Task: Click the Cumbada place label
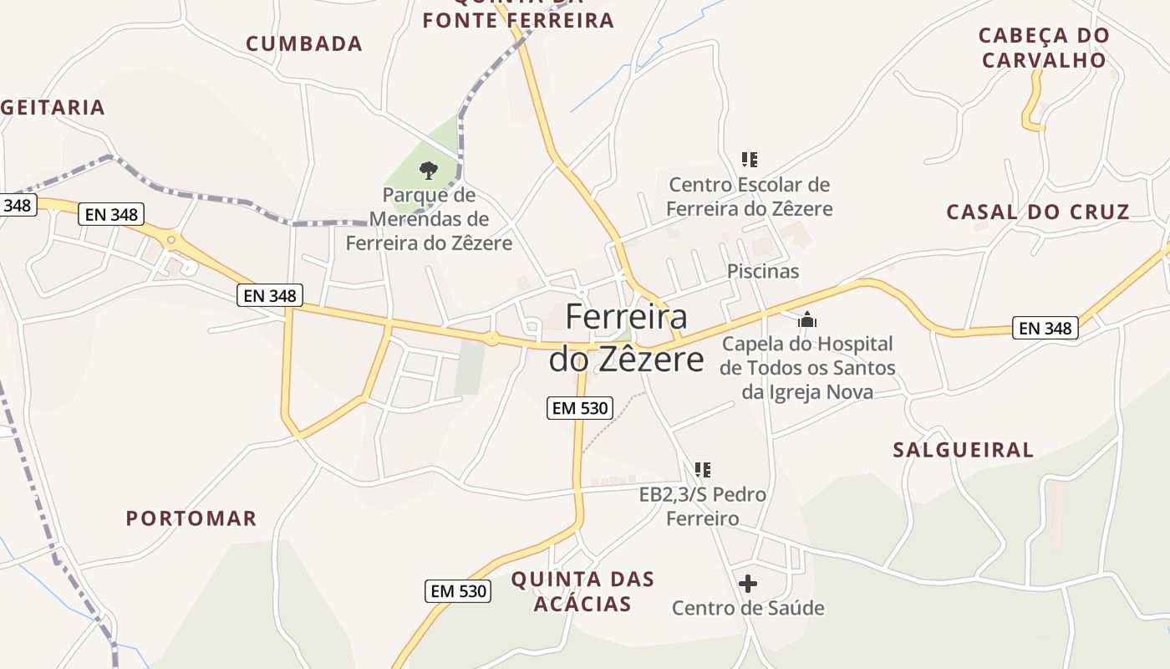coord(304,44)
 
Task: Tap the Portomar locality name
coord(191,518)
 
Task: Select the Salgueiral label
coord(963,450)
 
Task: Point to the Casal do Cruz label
coord(1038,212)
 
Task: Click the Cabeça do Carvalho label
coord(1044,48)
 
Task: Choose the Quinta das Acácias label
coord(582,591)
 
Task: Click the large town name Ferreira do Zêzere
coord(626,338)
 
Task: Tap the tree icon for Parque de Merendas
coord(429,171)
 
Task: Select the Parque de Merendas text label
coord(429,219)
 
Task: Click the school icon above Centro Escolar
coord(750,159)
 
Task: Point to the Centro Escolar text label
coord(750,197)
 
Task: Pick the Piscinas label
coord(763,271)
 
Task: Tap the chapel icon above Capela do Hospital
coord(807,319)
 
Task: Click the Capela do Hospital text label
coord(807,368)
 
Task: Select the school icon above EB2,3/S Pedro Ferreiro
coord(703,470)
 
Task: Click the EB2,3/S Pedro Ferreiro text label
coord(702,507)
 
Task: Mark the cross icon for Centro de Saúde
coord(748,583)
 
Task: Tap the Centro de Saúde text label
coord(748,608)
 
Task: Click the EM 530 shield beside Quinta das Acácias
coord(458,590)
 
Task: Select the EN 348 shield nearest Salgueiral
coord(1045,328)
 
